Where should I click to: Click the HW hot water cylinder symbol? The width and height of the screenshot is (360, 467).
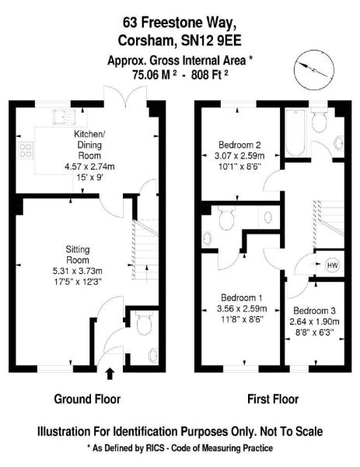pyautogui.click(x=332, y=265)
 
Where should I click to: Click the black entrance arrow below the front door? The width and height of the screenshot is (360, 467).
pyautogui.click(x=110, y=374)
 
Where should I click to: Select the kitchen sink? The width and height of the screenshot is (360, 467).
pyautogui.click(x=64, y=117)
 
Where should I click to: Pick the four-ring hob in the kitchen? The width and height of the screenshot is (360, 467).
pyautogui.click(x=26, y=151)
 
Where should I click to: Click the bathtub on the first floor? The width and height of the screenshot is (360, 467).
pyautogui.click(x=295, y=132)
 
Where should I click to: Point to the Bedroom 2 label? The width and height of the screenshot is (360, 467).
pyautogui.click(x=239, y=145)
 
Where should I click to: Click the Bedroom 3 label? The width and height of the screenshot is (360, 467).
pyautogui.click(x=314, y=311)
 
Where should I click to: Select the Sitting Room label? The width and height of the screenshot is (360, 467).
pyautogui.click(x=77, y=255)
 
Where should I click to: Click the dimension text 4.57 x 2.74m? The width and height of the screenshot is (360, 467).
pyautogui.click(x=89, y=167)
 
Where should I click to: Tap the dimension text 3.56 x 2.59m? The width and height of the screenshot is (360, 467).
pyautogui.click(x=242, y=308)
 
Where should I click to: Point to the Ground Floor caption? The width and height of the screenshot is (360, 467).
pyautogui.click(x=87, y=399)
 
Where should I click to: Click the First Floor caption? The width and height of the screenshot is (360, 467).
pyautogui.click(x=273, y=399)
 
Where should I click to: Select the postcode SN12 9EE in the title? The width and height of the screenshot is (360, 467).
pyautogui.click(x=211, y=40)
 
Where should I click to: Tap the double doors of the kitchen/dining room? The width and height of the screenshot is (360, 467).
pyautogui.click(x=125, y=96)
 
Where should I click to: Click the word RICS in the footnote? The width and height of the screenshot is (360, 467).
pyautogui.click(x=155, y=448)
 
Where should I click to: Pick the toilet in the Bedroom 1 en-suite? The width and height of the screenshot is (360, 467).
pyautogui.click(x=226, y=218)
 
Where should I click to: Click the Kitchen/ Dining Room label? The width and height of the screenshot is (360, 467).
pyautogui.click(x=89, y=145)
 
